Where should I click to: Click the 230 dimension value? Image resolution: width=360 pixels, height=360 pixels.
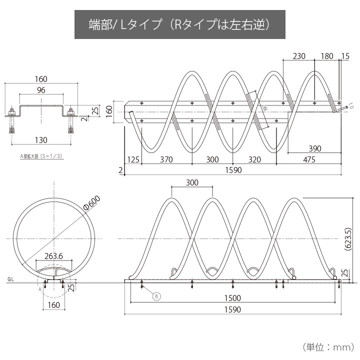click(298, 56)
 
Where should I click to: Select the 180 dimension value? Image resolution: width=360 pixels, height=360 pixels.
click(326, 56)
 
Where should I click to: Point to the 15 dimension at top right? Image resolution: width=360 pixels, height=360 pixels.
click(345, 56)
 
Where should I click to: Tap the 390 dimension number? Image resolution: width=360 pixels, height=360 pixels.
click(314, 148)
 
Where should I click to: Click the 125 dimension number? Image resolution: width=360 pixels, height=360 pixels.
click(133, 160)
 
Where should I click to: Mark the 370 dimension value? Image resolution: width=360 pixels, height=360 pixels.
click(166, 160)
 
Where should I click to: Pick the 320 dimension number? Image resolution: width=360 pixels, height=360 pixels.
click(254, 160)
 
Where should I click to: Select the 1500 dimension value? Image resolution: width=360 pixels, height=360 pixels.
click(232, 298)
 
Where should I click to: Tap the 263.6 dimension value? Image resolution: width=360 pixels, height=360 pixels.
click(54, 255)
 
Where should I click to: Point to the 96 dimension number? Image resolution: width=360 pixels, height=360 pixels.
click(41, 90)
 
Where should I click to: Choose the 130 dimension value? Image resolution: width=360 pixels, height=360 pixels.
click(41, 139)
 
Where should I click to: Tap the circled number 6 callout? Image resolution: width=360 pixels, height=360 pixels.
click(156, 296)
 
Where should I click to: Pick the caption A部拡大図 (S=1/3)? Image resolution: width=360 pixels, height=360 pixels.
click(41, 156)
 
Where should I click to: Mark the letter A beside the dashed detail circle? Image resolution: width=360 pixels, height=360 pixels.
click(39, 288)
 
